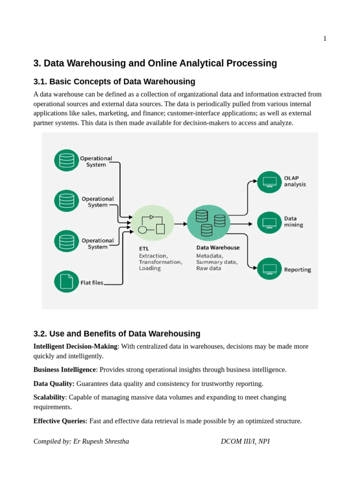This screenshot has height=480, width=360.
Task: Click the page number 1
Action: (325, 39)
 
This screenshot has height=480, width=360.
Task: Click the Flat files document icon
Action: (67, 282)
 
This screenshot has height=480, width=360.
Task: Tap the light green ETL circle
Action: (153, 223)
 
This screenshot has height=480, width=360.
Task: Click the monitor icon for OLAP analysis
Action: (270, 182)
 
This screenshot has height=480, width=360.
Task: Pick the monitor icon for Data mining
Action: (270, 223)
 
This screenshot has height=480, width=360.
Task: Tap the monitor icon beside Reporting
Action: (270, 269)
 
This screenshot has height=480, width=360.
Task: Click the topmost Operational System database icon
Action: (67, 160)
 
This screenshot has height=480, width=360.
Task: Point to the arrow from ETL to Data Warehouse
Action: (181, 224)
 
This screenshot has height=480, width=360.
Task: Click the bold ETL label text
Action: (144, 248)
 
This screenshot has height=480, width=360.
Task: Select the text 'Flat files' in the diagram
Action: (92, 283)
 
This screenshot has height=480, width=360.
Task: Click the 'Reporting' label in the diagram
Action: (297, 270)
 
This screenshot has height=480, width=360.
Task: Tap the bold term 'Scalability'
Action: (49, 397)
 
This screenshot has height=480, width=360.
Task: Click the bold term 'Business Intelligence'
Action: (65, 370)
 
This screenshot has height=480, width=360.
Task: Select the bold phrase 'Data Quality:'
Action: (54, 384)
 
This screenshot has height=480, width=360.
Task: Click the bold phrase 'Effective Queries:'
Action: (60, 421)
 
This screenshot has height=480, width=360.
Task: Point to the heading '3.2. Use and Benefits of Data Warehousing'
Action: (117, 334)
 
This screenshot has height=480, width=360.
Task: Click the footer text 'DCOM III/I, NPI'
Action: (245, 442)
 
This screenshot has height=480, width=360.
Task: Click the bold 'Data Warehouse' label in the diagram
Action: (218, 248)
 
